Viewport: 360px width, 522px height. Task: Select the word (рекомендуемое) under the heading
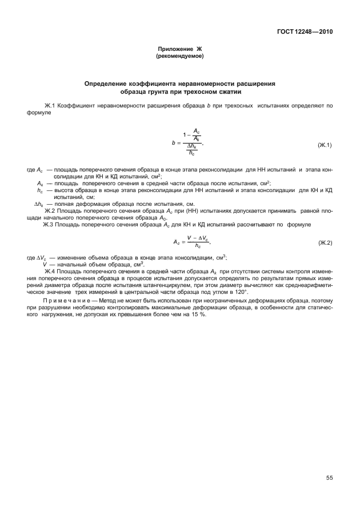click(x=179, y=57)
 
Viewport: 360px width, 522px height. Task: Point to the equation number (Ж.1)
click(x=325, y=145)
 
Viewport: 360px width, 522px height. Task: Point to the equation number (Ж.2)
click(x=325, y=228)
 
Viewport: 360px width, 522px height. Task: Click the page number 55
click(x=329, y=478)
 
